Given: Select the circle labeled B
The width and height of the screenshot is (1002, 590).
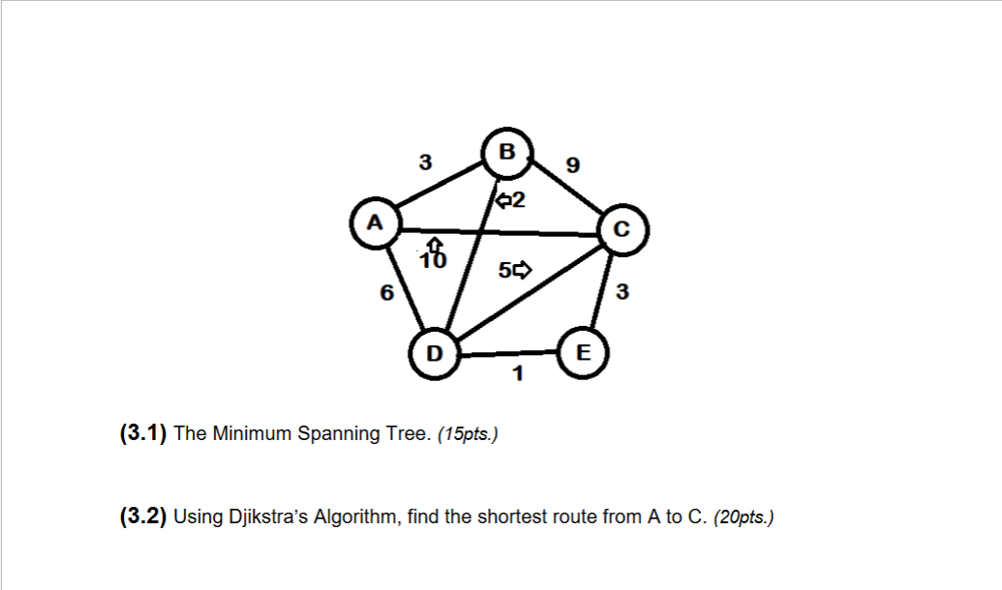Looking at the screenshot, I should (505, 152).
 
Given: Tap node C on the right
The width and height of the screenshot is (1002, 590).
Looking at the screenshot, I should (622, 230).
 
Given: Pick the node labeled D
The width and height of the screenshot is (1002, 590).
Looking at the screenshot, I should (434, 354).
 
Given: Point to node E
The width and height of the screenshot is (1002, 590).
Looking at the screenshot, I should (582, 352).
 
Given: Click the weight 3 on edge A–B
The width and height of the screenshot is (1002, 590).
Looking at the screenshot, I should (423, 163).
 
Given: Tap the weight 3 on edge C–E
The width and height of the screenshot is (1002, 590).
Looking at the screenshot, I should (622, 293).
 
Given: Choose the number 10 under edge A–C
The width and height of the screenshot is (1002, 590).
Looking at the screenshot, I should (435, 260).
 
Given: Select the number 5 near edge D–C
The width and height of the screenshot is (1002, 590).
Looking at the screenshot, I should (505, 271).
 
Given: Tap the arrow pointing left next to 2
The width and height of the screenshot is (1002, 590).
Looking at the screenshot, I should (501, 201).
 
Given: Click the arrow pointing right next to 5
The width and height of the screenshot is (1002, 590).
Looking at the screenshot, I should (523, 271).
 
